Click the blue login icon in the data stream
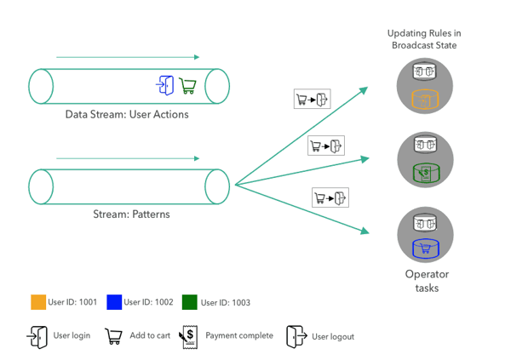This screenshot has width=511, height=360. pyautogui.click(x=164, y=84)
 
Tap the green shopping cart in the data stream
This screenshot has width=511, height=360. pyautogui.click(x=188, y=86)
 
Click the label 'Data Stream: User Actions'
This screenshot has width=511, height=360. pyautogui.click(x=127, y=114)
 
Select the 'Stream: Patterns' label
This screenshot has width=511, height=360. pyautogui.click(x=131, y=214)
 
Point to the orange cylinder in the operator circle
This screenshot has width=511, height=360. pyautogui.click(x=424, y=99)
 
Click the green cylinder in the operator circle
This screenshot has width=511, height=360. pyautogui.click(x=424, y=173)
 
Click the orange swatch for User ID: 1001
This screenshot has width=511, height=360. pyautogui.click(x=37, y=302)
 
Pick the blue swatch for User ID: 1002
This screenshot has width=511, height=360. pyautogui.click(x=114, y=302)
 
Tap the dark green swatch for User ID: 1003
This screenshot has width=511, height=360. pyautogui.click(x=189, y=302)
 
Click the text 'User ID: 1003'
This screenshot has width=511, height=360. pyautogui.click(x=226, y=302)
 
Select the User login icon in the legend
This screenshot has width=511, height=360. pyautogui.click(x=37, y=336)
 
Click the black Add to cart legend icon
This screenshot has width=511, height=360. pyautogui.click(x=112, y=336)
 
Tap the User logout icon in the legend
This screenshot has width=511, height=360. pyautogui.click(x=296, y=336)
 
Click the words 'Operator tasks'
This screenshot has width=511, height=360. pyautogui.click(x=426, y=281)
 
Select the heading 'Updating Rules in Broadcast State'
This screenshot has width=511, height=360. pyautogui.click(x=425, y=38)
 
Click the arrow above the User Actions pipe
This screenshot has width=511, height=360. pyautogui.click(x=128, y=57)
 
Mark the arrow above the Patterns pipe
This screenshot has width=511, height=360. pyautogui.click(x=128, y=158)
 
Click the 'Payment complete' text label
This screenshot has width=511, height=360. pyautogui.click(x=239, y=336)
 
